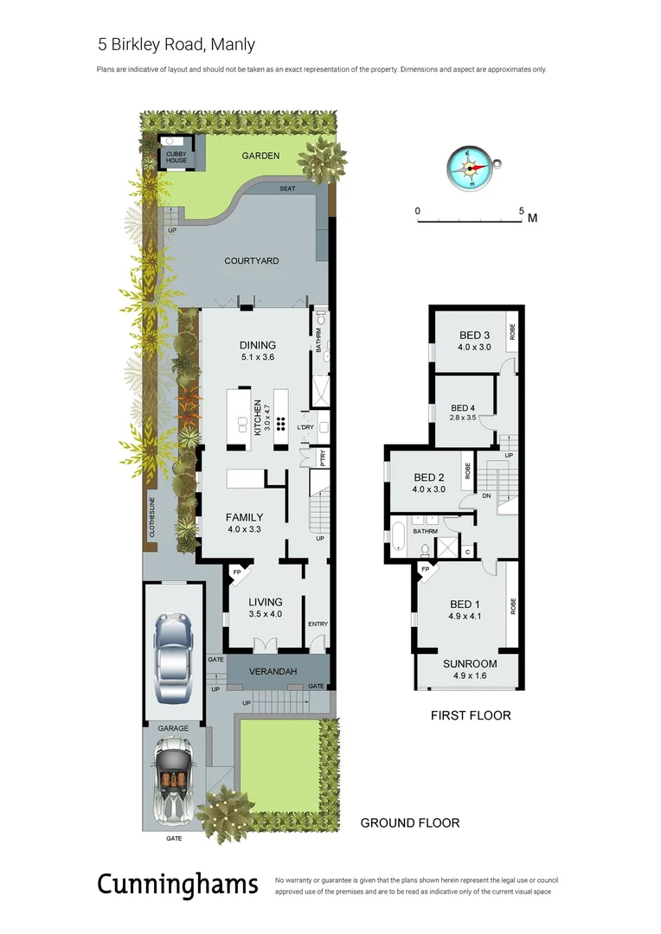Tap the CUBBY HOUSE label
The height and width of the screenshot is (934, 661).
point(176,157)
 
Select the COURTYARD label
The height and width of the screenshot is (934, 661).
point(251,260)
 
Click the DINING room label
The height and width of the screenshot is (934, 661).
point(258,345)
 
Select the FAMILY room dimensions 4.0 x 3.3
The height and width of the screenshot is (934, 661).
point(244,529)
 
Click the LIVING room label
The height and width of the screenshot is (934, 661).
point(266,602)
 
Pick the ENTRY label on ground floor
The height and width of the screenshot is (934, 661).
point(318,624)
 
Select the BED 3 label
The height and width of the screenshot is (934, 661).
point(474,336)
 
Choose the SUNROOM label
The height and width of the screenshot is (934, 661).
point(469,663)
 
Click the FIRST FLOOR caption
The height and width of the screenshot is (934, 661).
point(471,715)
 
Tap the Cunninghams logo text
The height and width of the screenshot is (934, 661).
point(176,885)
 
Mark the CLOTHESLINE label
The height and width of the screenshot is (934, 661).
point(152,517)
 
